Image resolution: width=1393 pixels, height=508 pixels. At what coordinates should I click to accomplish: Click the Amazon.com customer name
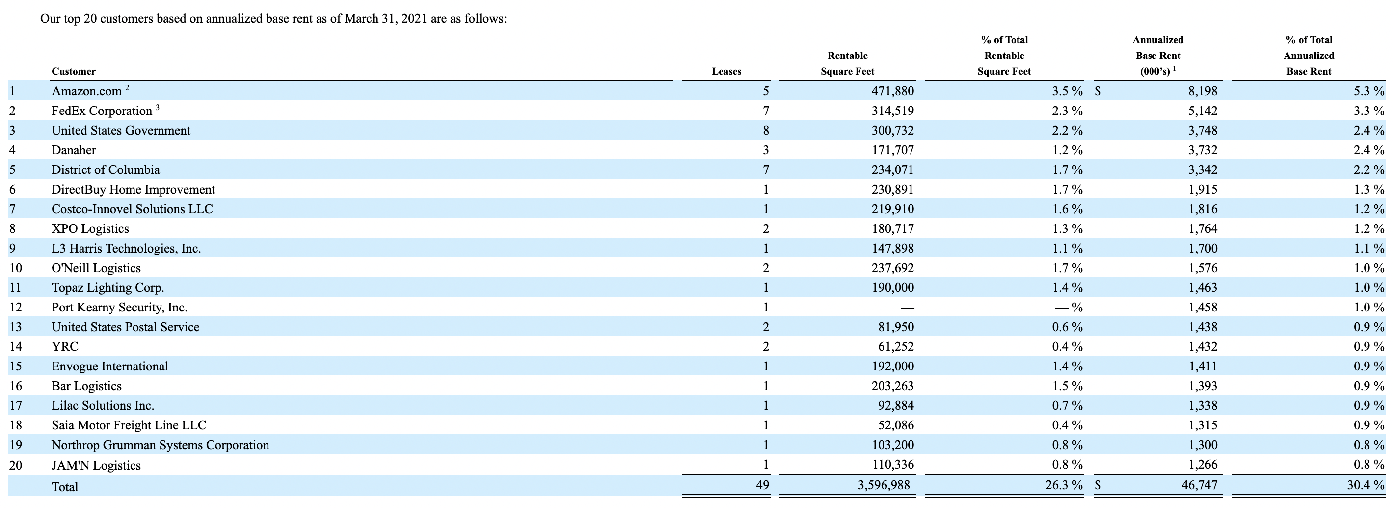coord(86,91)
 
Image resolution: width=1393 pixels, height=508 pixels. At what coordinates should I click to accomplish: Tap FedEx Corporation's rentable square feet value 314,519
coord(892,111)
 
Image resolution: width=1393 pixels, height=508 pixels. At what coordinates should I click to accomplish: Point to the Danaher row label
coord(74,150)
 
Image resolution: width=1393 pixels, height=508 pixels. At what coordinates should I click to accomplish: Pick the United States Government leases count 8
coord(765,130)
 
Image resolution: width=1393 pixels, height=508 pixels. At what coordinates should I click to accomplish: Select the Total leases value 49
coord(762,485)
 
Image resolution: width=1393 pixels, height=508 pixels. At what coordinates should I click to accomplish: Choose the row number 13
coord(16,327)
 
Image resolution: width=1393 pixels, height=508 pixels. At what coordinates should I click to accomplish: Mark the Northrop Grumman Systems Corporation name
coord(160,445)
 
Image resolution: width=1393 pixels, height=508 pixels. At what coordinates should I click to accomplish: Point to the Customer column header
coord(74,71)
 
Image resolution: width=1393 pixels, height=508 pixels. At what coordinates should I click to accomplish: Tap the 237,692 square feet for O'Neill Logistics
coord(892,268)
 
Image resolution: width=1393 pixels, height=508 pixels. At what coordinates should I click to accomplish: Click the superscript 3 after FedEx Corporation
coord(158,107)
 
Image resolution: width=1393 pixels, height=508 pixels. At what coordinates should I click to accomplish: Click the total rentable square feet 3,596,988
coord(884,485)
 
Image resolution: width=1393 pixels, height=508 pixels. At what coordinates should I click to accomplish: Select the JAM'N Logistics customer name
coord(96,465)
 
